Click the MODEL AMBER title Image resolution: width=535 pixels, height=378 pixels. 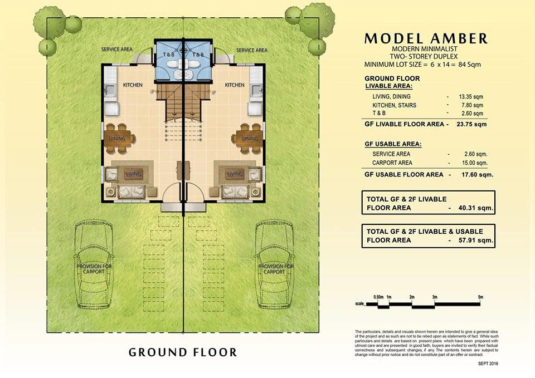pos(426,39)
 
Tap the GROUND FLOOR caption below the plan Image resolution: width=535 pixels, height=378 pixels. pos(183,352)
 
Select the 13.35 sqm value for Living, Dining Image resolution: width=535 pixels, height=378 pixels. pos(471,96)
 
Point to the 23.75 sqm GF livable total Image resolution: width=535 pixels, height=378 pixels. pos(472,124)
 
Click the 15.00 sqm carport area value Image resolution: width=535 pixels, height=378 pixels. pos(475,163)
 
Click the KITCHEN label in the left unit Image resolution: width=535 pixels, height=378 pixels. pos(133,85)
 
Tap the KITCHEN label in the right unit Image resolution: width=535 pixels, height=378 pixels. pos(234,85)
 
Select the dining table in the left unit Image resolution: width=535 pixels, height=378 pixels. pos(117,139)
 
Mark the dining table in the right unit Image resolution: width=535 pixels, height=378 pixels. pos(249,139)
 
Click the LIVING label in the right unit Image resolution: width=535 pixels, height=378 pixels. pos(235,174)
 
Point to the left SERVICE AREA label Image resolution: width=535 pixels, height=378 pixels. pos(116,50)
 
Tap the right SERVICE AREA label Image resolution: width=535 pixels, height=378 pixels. pos(251,50)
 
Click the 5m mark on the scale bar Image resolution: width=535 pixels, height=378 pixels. pos(480,297)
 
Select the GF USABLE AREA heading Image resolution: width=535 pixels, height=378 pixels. pos(393,144)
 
